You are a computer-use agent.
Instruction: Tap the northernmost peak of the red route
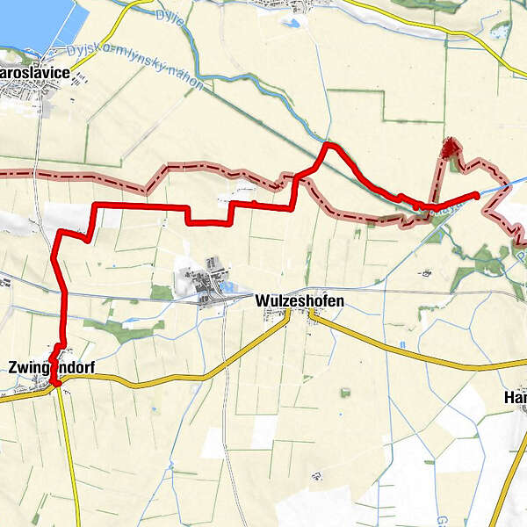point(327,144)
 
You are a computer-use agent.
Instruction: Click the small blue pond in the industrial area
point(227,285)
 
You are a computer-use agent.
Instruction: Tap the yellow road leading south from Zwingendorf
point(70,457)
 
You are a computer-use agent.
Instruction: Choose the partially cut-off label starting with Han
point(516,398)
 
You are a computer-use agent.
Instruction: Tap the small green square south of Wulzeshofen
point(345,392)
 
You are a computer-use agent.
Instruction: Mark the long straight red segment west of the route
point(141,206)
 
